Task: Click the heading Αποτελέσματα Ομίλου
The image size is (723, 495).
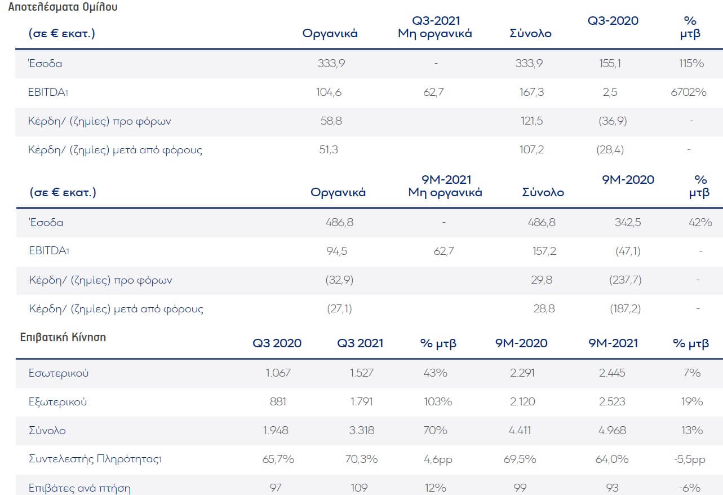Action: click(x=63, y=8)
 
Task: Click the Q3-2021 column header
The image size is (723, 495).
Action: click(x=436, y=21)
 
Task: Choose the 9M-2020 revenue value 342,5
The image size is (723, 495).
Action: click(x=628, y=222)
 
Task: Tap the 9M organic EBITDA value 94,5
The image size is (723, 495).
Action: click(x=336, y=251)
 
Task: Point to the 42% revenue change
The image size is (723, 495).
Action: click(x=700, y=222)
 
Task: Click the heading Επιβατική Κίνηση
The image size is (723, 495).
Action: click(x=63, y=337)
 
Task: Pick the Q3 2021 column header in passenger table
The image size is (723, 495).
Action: click(x=360, y=343)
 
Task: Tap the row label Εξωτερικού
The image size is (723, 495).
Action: click(x=57, y=402)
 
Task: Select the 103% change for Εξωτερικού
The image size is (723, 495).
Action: click(x=436, y=402)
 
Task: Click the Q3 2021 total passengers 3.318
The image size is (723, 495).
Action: click(x=360, y=431)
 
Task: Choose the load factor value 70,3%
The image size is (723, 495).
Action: click(x=360, y=459)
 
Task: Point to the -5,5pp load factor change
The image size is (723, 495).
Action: click(x=690, y=459)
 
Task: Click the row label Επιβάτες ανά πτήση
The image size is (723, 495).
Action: click(x=79, y=488)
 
